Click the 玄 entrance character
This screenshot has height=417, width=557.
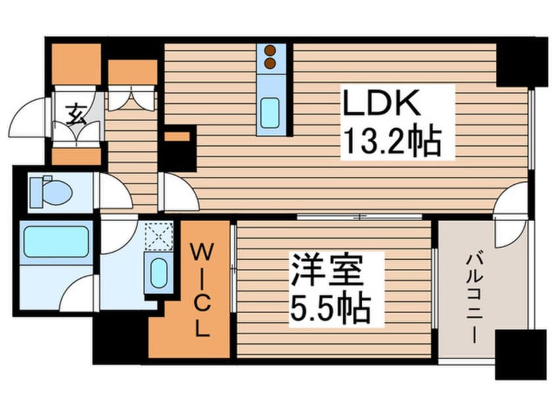[74, 110]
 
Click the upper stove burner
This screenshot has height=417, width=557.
[270, 50]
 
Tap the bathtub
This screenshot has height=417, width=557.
[55, 242]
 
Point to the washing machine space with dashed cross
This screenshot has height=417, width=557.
[158, 235]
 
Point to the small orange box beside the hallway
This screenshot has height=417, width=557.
[177, 137]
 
